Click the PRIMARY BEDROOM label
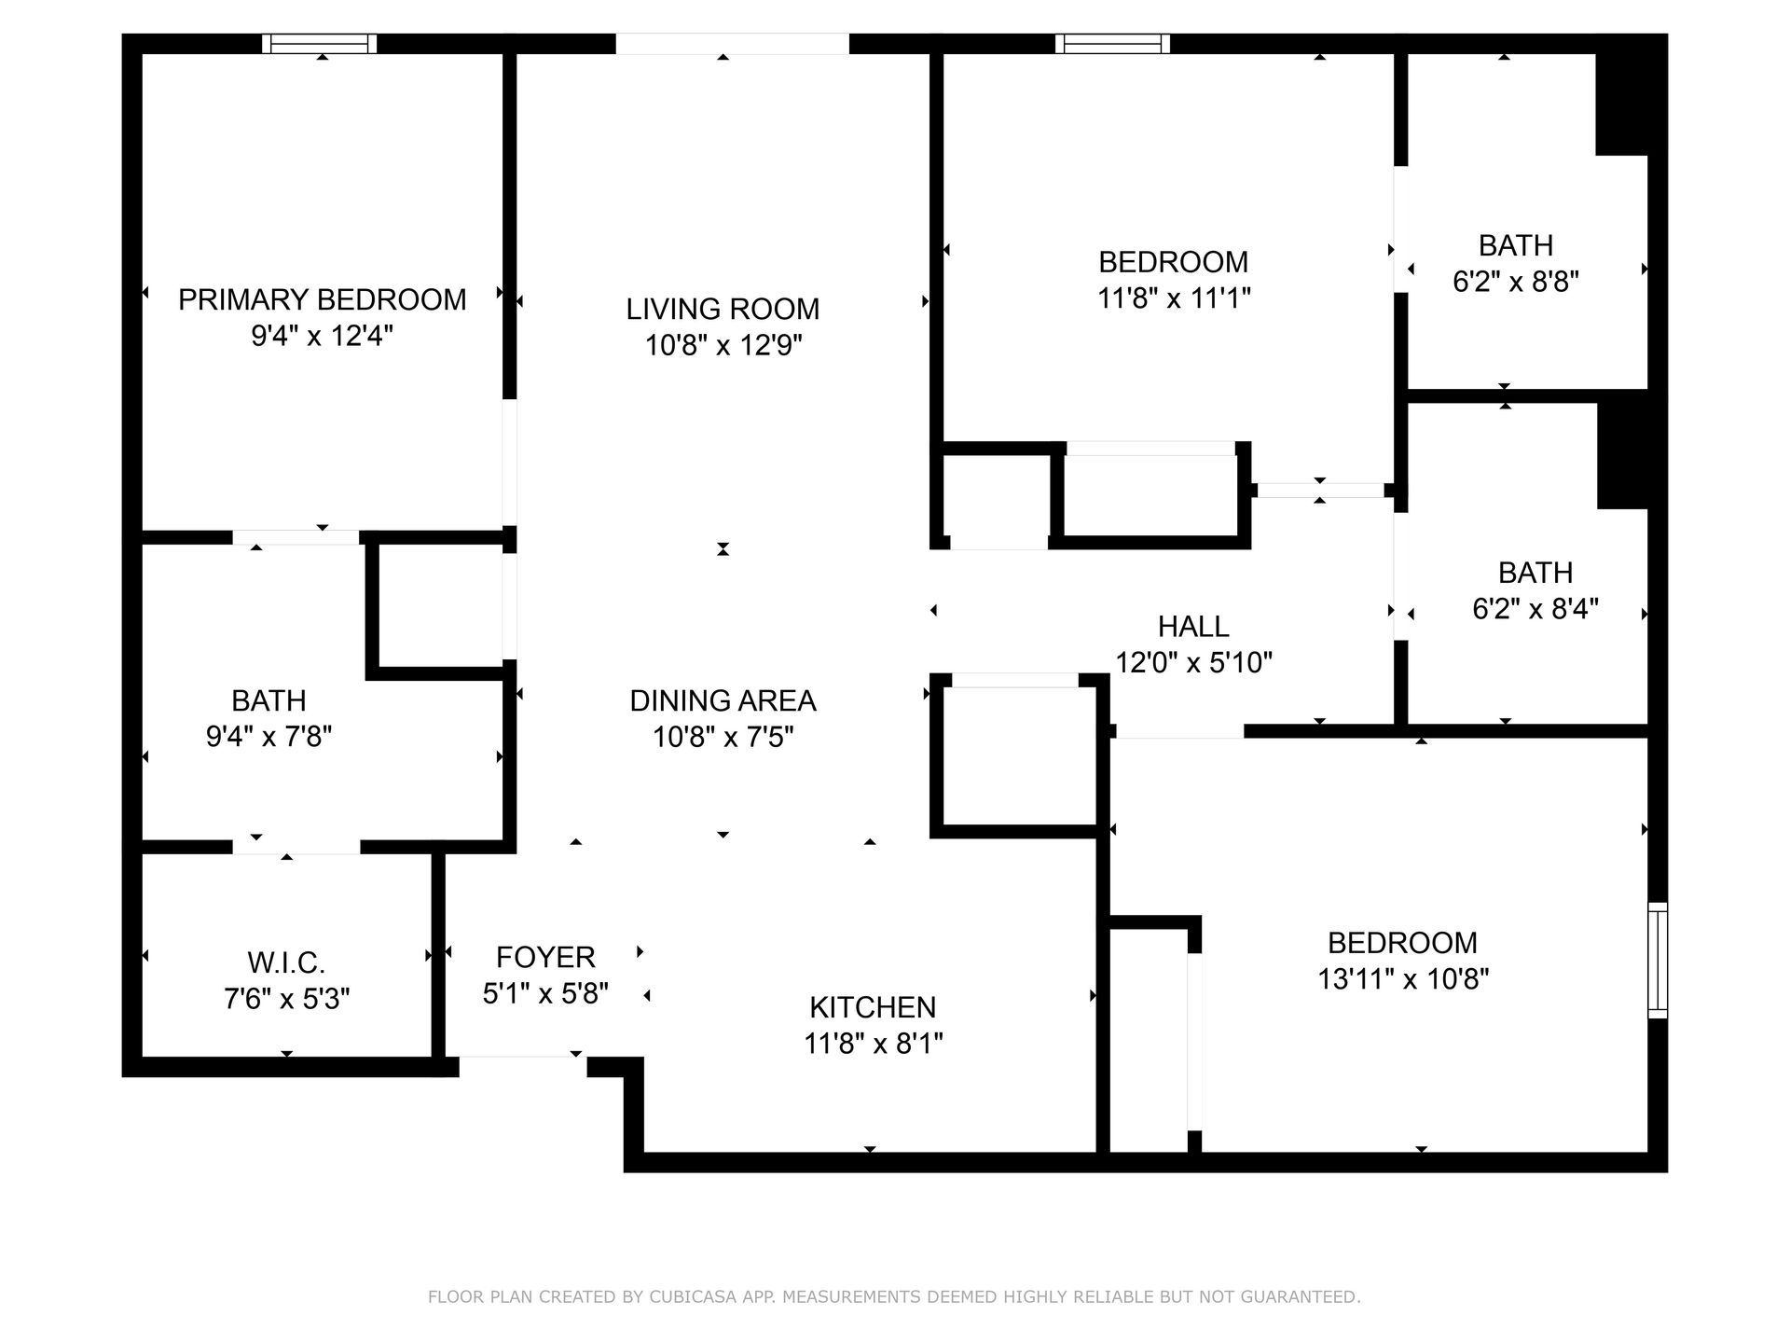[x=322, y=299]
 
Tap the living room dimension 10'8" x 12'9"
[x=723, y=346]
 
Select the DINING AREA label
[x=723, y=700]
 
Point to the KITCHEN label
[x=873, y=1007]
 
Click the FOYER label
[x=545, y=957]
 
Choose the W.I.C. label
[x=286, y=962]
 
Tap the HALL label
[x=1193, y=626]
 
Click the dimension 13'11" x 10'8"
[x=1402, y=979]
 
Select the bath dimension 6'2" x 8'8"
[x=1515, y=282]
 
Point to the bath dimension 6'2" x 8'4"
[x=1535, y=609]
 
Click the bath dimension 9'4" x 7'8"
[x=268, y=737]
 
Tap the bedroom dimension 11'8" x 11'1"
[x=1173, y=298]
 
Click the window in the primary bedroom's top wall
[x=320, y=43]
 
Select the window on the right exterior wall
[x=1657, y=960]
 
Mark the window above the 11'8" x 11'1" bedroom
[x=1112, y=43]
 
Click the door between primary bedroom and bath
[x=296, y=537]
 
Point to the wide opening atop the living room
[x=732, y=43]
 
